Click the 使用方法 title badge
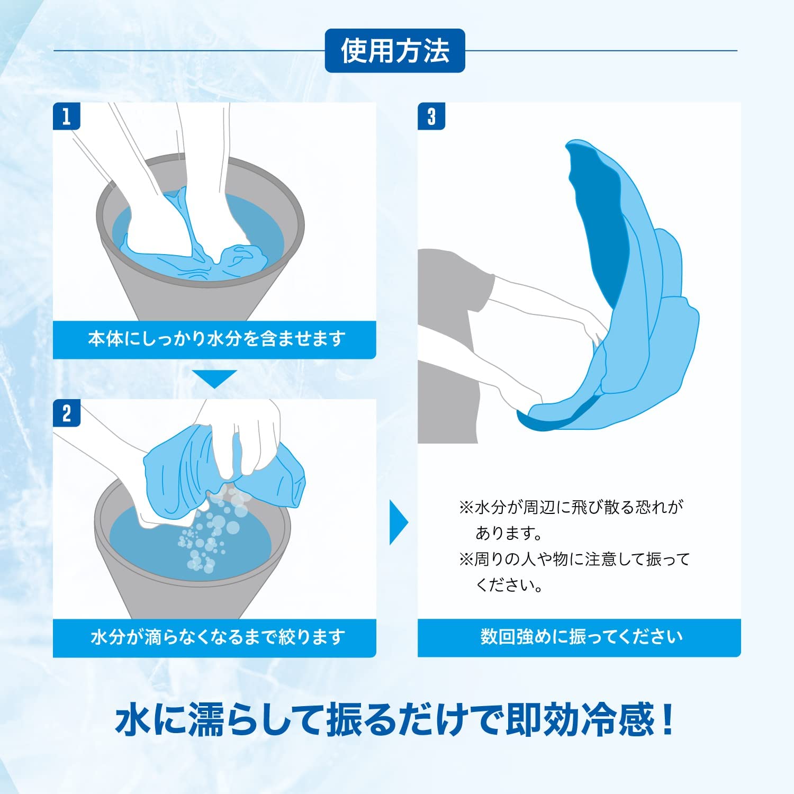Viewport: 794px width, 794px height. point(394,51)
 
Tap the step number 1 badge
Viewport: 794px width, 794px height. point(66,116)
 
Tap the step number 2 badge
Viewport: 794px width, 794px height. point(66,413)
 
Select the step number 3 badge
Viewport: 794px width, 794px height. point(431,116)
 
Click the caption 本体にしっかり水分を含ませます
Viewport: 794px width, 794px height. point(216,339)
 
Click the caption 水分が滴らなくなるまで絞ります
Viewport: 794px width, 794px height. point(216,637)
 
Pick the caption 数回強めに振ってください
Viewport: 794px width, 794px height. point(581,637)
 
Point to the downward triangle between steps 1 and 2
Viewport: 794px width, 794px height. point(214,378)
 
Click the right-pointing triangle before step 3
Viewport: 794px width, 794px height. point(398,522)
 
